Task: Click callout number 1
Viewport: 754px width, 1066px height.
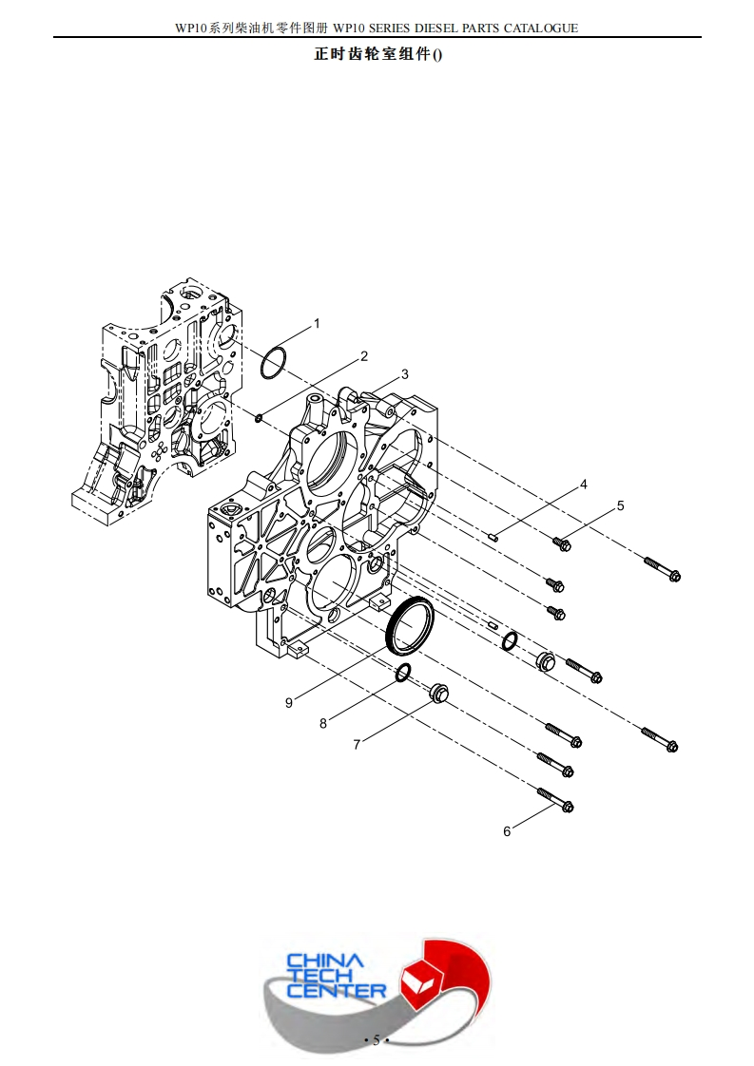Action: click(x=317, y=324)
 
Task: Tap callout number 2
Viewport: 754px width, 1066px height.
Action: click(x=364, y=355)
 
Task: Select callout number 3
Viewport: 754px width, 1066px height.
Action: click(x=405, y=374)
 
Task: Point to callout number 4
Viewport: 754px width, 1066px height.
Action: click(x=583, y=484)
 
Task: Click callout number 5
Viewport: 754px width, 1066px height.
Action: click(x=620, y=505)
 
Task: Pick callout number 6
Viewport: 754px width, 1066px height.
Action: click(x=507, y=831)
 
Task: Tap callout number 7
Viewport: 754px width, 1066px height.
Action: click(x=357, y=745)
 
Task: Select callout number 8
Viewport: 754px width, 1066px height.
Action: click(x=323, y=723)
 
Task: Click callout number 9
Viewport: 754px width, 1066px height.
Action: click(x=289, y=702)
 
